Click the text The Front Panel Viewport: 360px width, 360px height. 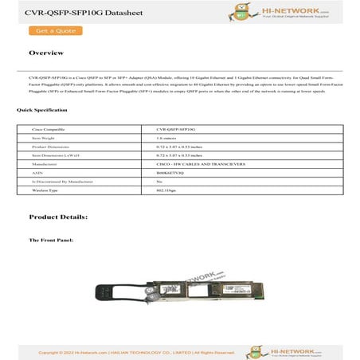pos(51,240)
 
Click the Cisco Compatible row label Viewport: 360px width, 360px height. pos(49,128)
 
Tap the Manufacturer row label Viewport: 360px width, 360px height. pos(46,164)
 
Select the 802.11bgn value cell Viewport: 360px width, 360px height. pos(166,191)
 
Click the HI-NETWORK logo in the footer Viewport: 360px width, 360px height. pos(284,350)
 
